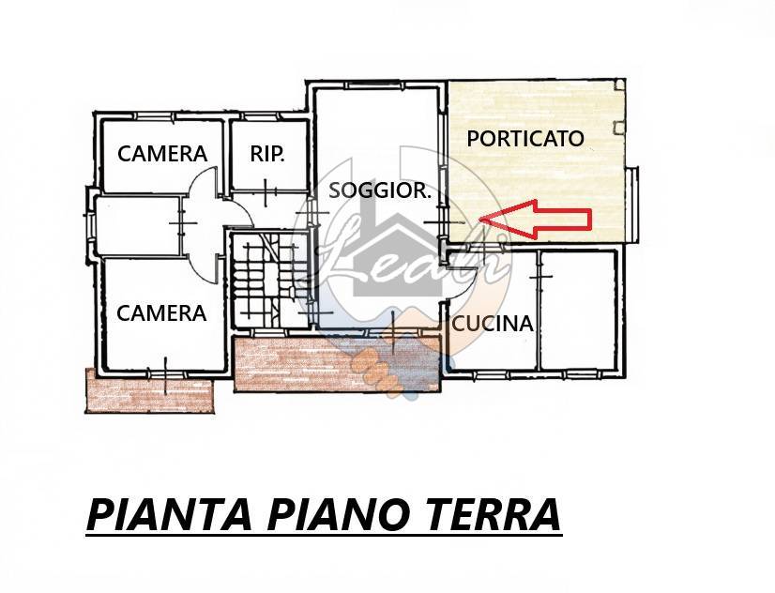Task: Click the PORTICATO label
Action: click(525, 138)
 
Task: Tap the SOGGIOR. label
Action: click(380, 190)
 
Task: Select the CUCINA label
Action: click(493, 324)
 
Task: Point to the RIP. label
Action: click(267, 154)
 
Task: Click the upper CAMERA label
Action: click(162, 154)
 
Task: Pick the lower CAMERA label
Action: click(161, 313)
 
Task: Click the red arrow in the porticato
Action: click(536, 219)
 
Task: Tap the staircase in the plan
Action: click(262, 280)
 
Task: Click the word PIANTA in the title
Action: click(169, 515)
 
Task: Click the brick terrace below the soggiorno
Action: click(337, 364)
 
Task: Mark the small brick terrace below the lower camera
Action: click(150, 390)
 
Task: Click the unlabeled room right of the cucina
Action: click(578, 310)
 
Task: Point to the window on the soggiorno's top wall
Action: click(374, 85)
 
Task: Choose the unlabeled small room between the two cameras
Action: click(136, 226)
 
